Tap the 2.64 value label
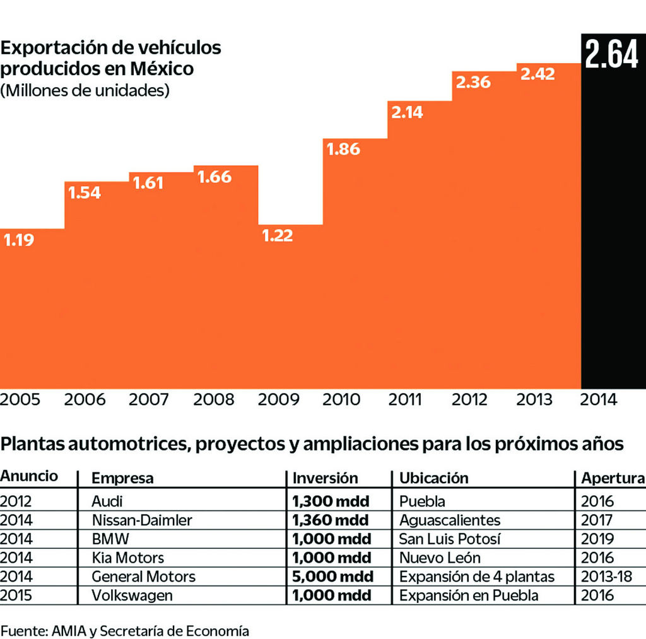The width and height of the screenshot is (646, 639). pyautogui.click(x=611, y=54)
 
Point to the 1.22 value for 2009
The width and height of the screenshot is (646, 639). pyautogui.click(x=278, y=235)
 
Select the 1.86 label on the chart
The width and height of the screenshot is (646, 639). pyautogui.click(x=344, y=149)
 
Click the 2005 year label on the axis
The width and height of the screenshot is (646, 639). pyautogui.click(x=20, y=399)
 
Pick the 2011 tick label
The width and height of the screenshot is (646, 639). pyautogui.click(x=405, y=399)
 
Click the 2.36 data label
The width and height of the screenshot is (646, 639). pyautogui.click(x=473, y=82)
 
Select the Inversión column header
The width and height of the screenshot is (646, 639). pyautogui.click(x=325, y=478)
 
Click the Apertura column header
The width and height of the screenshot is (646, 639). pyautogui.click(x=613, y=478)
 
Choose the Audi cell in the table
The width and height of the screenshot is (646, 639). pyautogui.click(x=107, y=501)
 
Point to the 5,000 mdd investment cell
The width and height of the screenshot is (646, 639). pyautogui.click(x=332, y=577)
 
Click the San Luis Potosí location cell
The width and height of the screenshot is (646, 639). pyautogui.click(x=449, y=539)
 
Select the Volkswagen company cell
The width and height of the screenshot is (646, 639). pyautogui.click(x=132, y=595)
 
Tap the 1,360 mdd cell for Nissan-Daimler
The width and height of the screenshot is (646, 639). pyautogui.click(x=331, y=520)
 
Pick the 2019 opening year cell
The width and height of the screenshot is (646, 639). pyautogui.click(x=597, y=539)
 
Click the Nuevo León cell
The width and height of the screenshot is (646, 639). pyautogui.click(x=440, y=558)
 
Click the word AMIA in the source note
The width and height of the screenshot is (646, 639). pyautogui.click(x=68, y=630)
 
